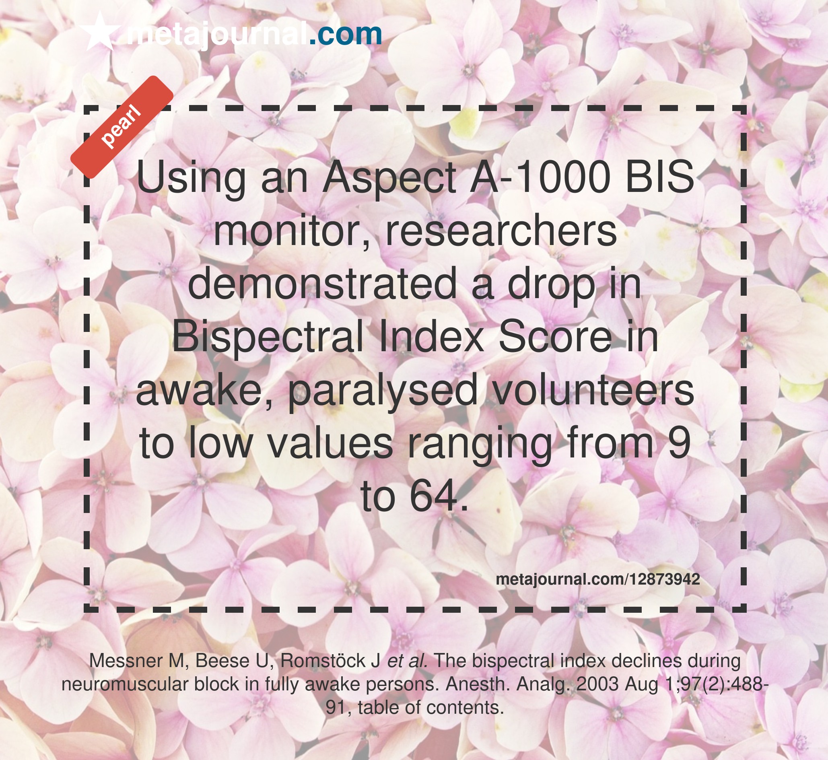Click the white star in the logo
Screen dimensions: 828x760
pyautogui.click(x=100, y=32)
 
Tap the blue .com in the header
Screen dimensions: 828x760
pyautogui.click(x=345, y=35)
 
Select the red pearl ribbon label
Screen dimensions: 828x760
pyautogui.click(x=122, y=127)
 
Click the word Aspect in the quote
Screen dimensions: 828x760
pyautogui.click(x=389, y=177)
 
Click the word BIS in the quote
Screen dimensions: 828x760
pyautogui.click(x=659, y=177)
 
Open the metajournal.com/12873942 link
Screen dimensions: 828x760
pyautogui.click(x=597, y=579)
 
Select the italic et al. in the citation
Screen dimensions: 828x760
pyautogui.click(x=408, y=661)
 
